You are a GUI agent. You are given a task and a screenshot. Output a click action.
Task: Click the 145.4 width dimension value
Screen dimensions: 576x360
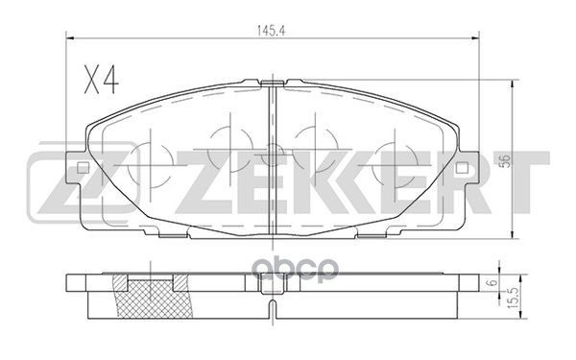point(271,32)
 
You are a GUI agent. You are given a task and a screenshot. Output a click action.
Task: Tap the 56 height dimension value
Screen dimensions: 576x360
point(506,161)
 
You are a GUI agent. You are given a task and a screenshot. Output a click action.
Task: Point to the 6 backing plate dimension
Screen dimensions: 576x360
point(493,282)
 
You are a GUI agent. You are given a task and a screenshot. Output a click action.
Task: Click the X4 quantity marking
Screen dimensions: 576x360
point(101,80)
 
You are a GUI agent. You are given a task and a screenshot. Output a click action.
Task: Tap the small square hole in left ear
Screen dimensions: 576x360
point(83,168)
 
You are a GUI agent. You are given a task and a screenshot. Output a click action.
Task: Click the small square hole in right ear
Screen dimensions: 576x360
point(461,168)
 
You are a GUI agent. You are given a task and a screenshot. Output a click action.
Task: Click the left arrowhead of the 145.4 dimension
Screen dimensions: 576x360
point(70,37)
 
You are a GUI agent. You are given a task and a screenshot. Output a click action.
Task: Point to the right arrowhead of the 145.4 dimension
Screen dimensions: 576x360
point(475,37)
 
